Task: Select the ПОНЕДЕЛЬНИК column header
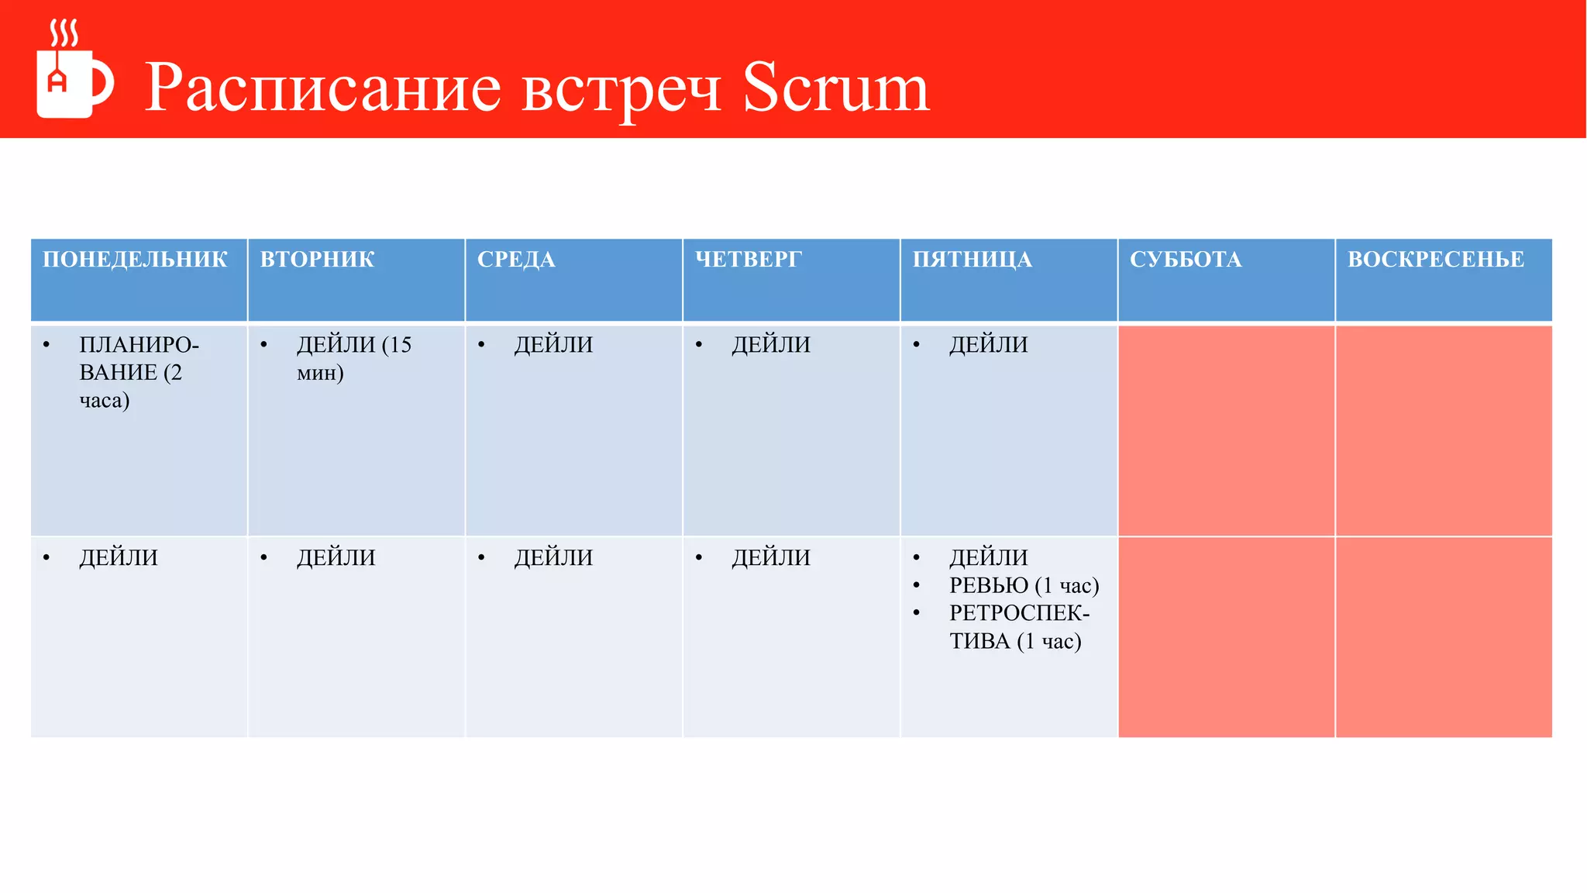pos(135,260)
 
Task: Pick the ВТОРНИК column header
pos(317,260)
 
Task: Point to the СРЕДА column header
pos(516,260)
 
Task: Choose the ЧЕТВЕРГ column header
pos(748,260)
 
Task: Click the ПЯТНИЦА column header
pos(972,260)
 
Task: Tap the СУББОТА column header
pos(1186,260)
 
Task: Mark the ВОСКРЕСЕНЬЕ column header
pos(1435,260)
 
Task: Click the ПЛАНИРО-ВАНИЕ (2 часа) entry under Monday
pos(138,373)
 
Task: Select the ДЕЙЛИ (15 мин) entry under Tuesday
pos(353,359)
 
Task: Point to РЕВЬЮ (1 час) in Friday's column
pos(1024,586)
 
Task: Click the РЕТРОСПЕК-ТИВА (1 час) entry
pos(1018,627)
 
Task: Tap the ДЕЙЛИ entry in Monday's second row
pos(119,558)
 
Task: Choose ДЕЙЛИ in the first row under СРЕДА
pos(553,345)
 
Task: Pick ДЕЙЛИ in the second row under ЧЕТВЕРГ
pos(771,558)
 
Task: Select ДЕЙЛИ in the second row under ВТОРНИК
pos(336,558)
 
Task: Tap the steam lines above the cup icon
pos(64,34)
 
